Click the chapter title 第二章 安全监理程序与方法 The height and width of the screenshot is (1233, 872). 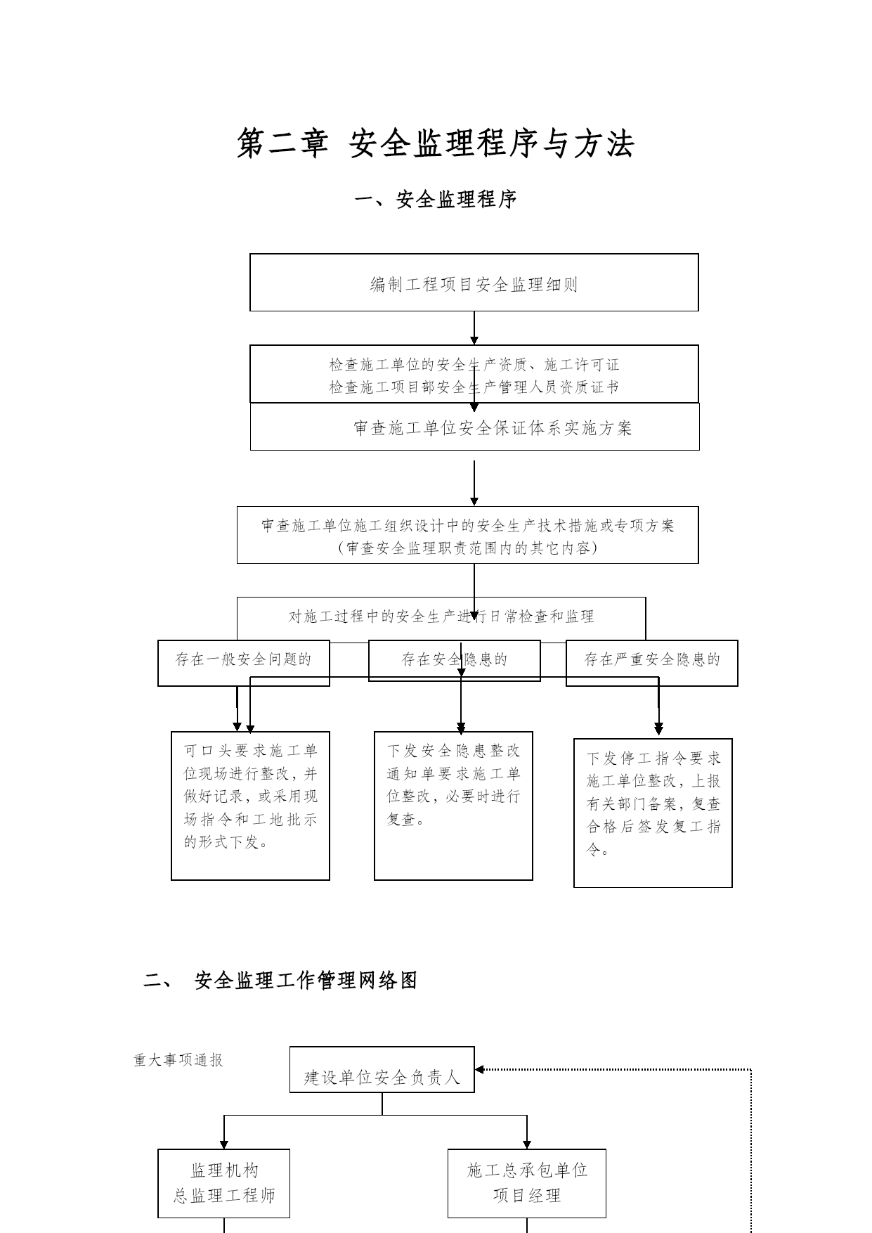436,143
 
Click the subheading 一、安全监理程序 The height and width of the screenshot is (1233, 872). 436,200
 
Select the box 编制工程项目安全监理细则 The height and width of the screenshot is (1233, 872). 474,283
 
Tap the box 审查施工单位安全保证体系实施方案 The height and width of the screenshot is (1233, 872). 475,427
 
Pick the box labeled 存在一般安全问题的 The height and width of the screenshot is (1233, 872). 244,663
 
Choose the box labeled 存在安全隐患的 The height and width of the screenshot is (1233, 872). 455,660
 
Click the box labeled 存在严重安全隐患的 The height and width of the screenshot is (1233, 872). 652,663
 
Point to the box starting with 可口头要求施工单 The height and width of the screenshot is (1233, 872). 251,806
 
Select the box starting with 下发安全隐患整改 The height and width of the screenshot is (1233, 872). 453,806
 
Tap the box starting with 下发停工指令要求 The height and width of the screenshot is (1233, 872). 653,813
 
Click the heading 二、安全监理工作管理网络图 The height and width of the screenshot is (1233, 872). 281,981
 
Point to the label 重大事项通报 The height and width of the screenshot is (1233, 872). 178,1060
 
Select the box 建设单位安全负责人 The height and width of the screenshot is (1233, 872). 382,1070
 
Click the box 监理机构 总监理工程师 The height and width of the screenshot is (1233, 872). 224,1183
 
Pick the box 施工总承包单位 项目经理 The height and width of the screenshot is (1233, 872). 527,1183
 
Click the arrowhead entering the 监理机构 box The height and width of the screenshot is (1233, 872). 224,1143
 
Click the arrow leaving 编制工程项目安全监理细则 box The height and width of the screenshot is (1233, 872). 474,328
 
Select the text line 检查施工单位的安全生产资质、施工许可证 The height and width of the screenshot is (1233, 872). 474,365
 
